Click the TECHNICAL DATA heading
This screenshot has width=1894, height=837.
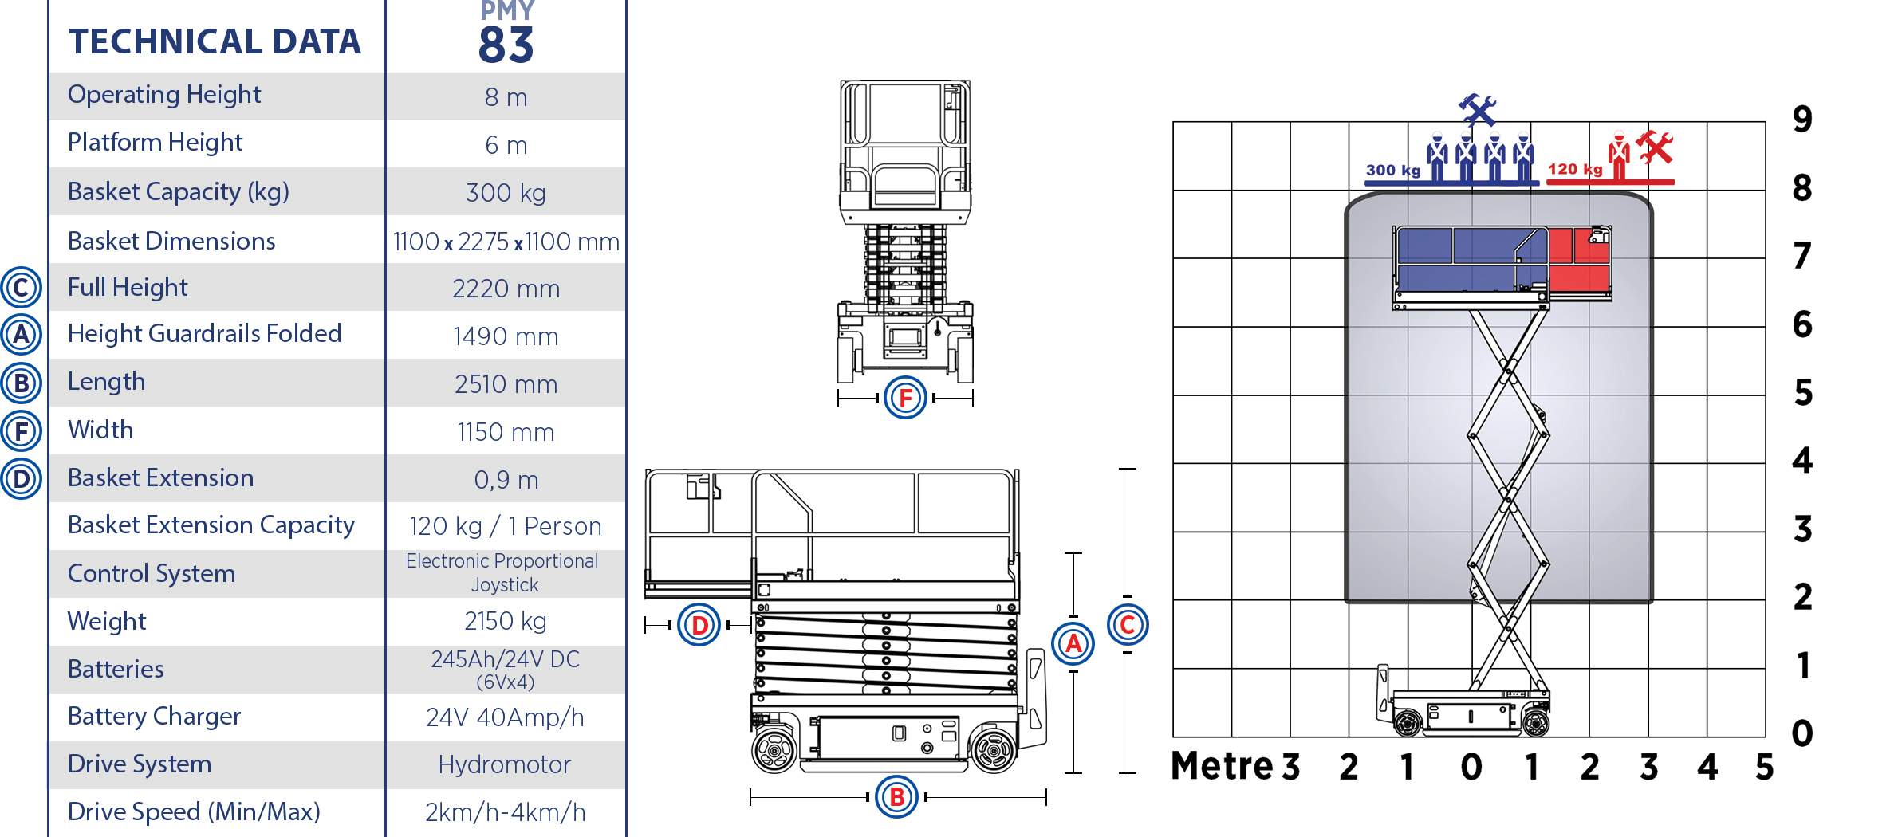tap(215, 41)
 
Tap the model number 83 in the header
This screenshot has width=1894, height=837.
tap(506, 45)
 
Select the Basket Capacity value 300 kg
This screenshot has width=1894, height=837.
tap(506, 193)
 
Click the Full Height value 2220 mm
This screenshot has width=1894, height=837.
tap(506, 289)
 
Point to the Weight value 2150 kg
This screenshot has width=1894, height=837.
tap(506, 621)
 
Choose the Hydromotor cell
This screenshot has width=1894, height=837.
tap(505, 764)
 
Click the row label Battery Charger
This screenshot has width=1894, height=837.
tap(154, 717)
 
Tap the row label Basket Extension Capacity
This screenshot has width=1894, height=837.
tap(211, 525)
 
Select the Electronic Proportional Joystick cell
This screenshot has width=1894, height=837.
tap(502, 572)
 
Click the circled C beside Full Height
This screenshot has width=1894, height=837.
tap(21, 288)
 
